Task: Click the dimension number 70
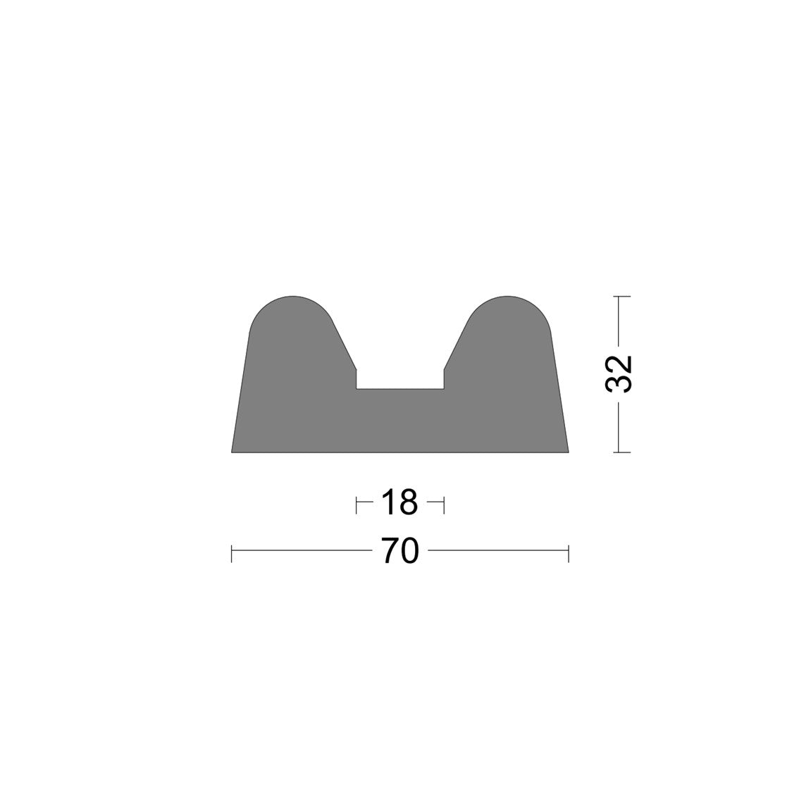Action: click(x=400, y=551)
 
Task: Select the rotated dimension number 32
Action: click(x=619, y=373)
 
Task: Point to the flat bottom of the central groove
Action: click(x=400, y=390)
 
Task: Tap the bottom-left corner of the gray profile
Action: click(x=232, y=452)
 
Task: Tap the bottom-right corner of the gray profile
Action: click(x=569, y=452)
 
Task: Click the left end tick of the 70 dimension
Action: click(x=232, y=554)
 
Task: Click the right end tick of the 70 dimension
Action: click(x=569, y=554)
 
